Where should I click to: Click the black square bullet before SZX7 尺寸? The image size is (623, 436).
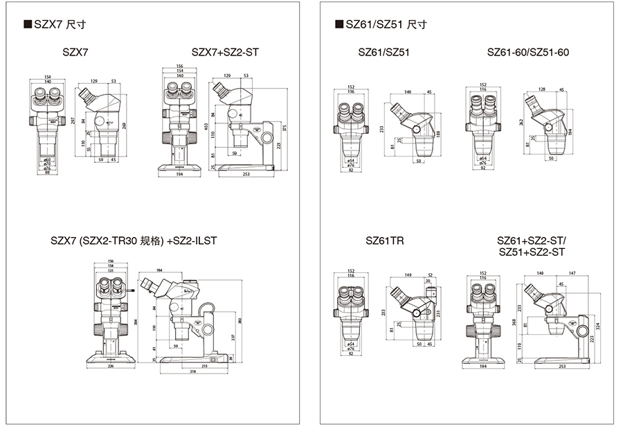(28, 25)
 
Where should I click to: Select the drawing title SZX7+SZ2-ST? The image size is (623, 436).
(225, 52)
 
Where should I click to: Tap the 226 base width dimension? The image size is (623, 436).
(111, 367)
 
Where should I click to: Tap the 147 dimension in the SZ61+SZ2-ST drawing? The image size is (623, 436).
(573, 274)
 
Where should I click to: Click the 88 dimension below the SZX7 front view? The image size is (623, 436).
(48, 173)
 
